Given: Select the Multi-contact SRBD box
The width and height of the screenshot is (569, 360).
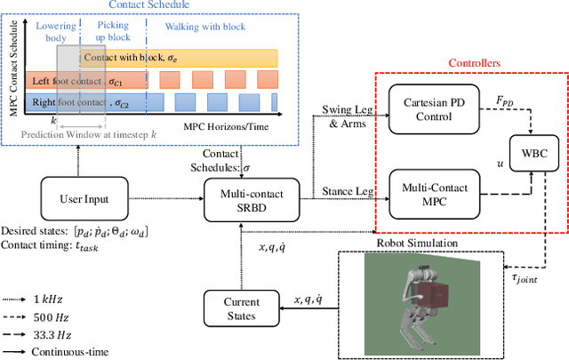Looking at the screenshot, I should (x=240, y=200).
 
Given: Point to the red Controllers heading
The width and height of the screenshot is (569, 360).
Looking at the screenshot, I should (x=472, y=64).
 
